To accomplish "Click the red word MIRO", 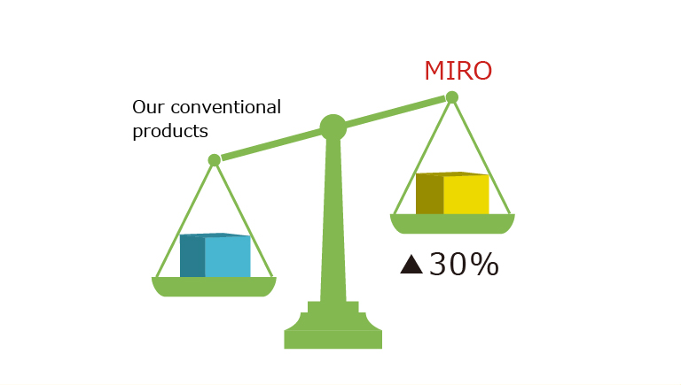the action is (x=458, y=71).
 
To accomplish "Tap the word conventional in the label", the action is (x=226, y=107).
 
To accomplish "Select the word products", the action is (x=170, y=131).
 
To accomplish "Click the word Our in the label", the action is (x=148, y=107).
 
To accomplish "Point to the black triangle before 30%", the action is (x=411, y=265).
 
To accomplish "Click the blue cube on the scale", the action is (x=215, y=255).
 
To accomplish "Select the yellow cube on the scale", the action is (x=452, y=193).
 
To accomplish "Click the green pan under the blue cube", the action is (x=214, y=287).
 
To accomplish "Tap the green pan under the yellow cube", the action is (x=452, y=224).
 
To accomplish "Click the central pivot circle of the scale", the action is (x=333, y=127).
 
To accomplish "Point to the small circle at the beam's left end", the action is (x=214, y=160).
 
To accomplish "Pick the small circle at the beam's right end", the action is (x=452, y=97).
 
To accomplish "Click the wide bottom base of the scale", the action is (x=333, y=339).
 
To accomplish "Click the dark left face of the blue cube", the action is (x=192, y=256).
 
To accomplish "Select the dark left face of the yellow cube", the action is (x=429, y=194).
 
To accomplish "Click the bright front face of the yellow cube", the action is (x=466, y=194).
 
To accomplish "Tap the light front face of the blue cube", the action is (x=228, y=257).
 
